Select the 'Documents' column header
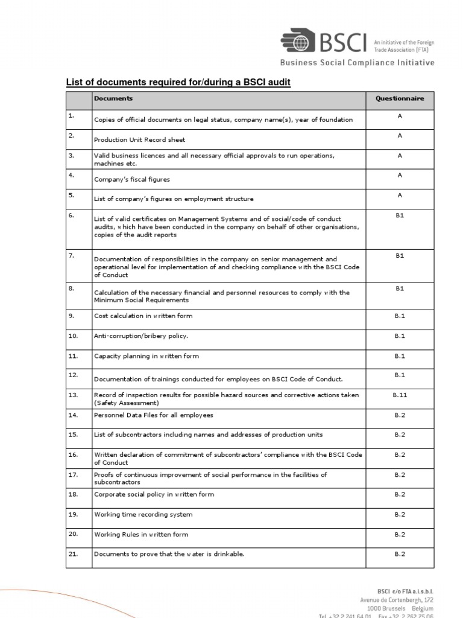click(x=113, y=98)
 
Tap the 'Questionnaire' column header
click(x=399, y=98)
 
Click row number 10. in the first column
click(x=74, y=336)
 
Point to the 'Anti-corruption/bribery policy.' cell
click(x=141, y=336)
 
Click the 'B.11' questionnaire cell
click(x=399, y=395)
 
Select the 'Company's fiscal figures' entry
click(x=131, y=179)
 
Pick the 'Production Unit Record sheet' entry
click(x=139, y=139)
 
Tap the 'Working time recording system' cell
click(x=143, y=514)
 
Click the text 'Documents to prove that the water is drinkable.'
click(x=169, y=554)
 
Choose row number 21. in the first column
click(x=74, y=553)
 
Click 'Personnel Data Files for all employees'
click(x=153, y=415)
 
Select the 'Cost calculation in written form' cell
click(x=143, y=316)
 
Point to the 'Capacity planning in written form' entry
click(x=146, y=356)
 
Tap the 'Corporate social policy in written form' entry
click(x=154, y=494)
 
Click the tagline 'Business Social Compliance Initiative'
click(x=356, y=63)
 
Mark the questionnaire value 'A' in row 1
click(x=399, y=115)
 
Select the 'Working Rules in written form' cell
click(x=141, y=534)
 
